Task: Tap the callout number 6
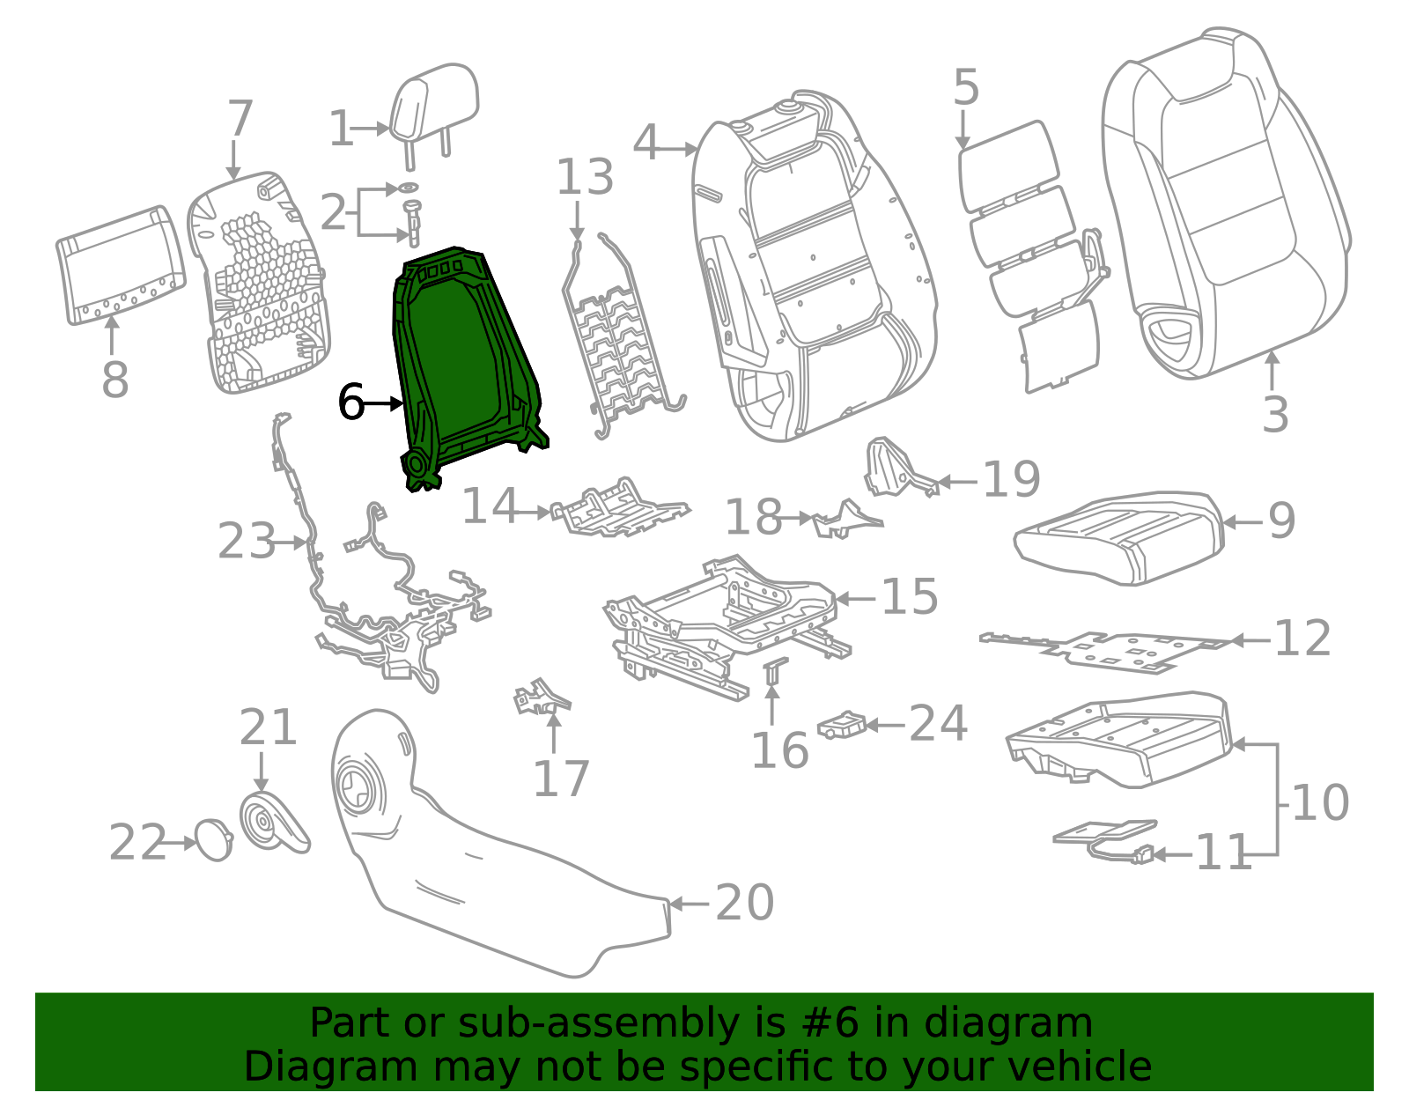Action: [351, 402]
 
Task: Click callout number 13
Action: [585, 178]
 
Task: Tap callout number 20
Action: [744, 903]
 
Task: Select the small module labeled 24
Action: [843, 726]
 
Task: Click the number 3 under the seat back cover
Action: [1274, 414]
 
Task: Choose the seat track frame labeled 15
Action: [722, 616]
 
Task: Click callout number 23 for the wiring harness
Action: [247, 541]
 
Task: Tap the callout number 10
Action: [1319, 802]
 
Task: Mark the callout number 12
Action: [1302, 638]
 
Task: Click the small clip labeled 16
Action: [774, 671]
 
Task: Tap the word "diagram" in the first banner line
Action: [1026, 1023]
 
